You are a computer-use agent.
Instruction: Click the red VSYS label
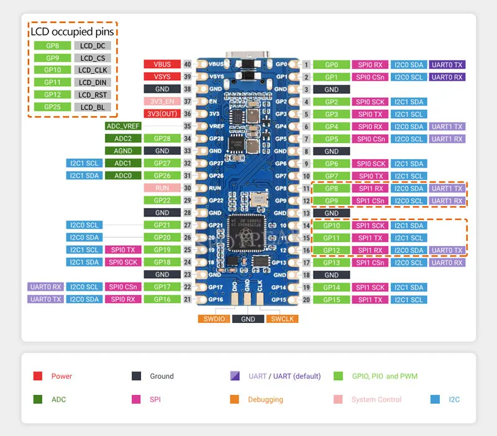pyautogui.click(x=162, y=76)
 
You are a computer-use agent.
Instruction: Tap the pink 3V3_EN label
pyautogui.click(x=162, y=101)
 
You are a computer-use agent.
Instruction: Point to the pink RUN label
pyautogui.click(x=162, y=188)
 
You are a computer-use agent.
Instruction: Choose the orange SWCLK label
pyautogui.click(x=283, y=319)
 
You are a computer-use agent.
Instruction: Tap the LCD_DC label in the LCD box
pyautogui.click(x=93, y=45)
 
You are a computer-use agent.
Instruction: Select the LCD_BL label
pyautogui.click(x=93, y=107)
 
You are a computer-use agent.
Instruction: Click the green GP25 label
pyautogui.click(x=52, y=107)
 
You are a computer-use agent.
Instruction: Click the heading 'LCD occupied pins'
pyautogui.click(x=74, y=30)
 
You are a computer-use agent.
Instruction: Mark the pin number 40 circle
pyautogui.click(x=186, y=64)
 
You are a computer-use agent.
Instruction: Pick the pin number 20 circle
pyautogui.click(x=306, y=300)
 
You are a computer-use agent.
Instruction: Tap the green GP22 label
pyautogui.click(x=162, y=200)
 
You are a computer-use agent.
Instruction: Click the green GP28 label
pyautogui.click(x=162, y=138)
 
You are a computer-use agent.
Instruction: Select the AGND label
pyautogui.click(x=123, y=150)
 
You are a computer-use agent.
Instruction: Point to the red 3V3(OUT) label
pyautogui.click(x=162, y=114)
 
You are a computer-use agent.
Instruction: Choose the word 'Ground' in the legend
pyautogui.click(x=162, y=376)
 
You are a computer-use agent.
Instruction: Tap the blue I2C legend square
pyautogui.click(x=435, y=399)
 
